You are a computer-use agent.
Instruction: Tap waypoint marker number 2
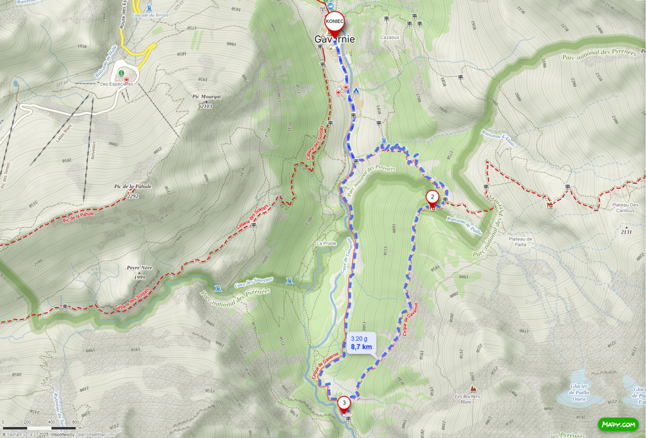pos(432,197)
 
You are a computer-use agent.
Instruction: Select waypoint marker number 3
pos(344,403)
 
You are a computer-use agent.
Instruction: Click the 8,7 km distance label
pos(361,347)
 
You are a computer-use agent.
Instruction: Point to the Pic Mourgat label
pos(207,97)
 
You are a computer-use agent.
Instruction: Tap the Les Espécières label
pos(117,84)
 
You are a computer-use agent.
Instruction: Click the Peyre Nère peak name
pos(139,268)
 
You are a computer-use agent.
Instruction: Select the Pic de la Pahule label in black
pos(133,187)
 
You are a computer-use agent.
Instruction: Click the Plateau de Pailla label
pos(520,242)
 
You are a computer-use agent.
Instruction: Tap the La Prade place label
pos(327,243)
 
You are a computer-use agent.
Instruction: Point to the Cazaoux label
pos(390,37)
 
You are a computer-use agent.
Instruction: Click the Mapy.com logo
pos(618,424)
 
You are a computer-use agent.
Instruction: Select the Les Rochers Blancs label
pos(467,399)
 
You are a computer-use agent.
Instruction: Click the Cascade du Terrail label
pos(150,15)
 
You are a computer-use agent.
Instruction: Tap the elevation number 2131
pos(626,232)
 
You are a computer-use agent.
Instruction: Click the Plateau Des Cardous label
pos(625,207)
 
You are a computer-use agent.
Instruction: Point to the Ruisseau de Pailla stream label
pos(464,225)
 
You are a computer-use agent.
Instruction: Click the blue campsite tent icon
pos(356,90)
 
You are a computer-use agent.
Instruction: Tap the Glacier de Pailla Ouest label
pos(579,392)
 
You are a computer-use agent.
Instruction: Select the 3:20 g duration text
pos(359,339)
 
